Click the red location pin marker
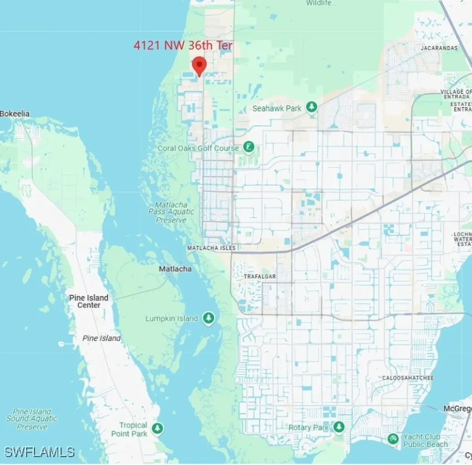tap(199, 65)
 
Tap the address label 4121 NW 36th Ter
tap(183, 46)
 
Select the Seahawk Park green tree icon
tap(312, 107)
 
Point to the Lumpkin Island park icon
tap(209, 318)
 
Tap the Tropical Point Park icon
tap(158, 429)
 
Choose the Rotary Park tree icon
tap(339, 427)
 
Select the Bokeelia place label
tap(15, 113)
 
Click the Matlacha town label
tap(175, 269)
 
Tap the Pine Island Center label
tap(89, 301)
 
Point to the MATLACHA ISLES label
tap(211, 248)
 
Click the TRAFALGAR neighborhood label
tap(260, 277)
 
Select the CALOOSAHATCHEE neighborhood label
tap(408, 378)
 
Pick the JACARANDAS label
tap(439, 48)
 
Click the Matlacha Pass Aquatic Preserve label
tap(171, 212)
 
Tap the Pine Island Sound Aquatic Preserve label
tap(32, 419)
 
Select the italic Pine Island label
tap(101, 338)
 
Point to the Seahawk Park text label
tap(277, 108)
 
